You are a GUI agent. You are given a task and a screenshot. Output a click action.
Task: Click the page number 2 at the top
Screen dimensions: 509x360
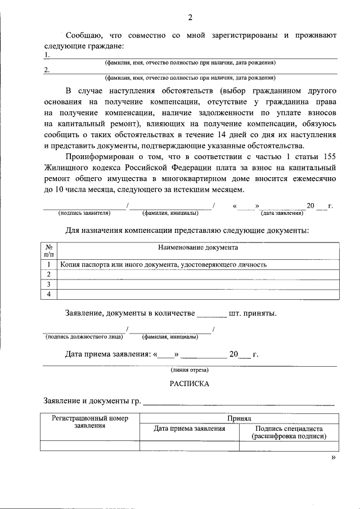(x=190, y=17)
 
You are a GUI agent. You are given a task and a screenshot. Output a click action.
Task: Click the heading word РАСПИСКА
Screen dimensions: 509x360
(x=190, y=384)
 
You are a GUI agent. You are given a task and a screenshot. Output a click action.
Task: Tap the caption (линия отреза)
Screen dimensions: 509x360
(x=190, y=370)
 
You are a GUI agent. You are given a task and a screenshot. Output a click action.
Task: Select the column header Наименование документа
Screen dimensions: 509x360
(x=198, y=247)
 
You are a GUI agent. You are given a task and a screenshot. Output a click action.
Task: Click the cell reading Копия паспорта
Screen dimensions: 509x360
(x=163, y=264)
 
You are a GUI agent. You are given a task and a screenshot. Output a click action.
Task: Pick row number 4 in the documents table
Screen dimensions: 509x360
(x=49, y=294)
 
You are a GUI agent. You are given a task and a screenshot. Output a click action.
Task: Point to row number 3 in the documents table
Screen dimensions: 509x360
(x=49, y=284)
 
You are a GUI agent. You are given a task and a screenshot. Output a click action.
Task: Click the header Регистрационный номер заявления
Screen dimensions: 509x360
(x=90, y=422)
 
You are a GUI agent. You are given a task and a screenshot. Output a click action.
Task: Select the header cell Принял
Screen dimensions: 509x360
(x=239, y=418)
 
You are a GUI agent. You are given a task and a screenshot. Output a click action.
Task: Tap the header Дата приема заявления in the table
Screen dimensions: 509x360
(x=190, y=429)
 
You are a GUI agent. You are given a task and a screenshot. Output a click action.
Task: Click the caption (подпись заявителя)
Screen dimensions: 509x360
(x=84, y=214)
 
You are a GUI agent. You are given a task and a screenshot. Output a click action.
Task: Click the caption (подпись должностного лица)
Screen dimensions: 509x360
(x=84, y=337)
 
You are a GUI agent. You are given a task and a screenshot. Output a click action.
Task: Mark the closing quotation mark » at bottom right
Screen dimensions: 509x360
(x=334, y=458)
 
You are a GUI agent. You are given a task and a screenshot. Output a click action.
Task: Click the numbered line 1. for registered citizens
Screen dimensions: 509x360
(x=191, y=56)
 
